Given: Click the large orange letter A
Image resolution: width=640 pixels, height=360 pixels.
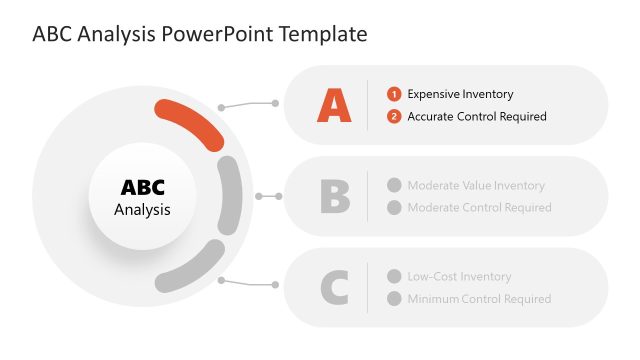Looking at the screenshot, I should point(334,105).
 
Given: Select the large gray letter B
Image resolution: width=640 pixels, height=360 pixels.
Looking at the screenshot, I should point(335,196).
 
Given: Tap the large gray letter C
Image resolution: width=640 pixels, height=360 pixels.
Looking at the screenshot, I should point(334,288).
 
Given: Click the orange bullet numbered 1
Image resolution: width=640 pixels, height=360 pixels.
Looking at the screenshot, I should point(394,94).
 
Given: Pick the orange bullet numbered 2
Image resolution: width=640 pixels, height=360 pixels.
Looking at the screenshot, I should point(394,117).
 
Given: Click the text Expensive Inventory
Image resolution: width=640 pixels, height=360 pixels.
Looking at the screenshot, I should point(460,94).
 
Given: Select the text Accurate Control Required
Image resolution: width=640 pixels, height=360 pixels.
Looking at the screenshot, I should point(477,117).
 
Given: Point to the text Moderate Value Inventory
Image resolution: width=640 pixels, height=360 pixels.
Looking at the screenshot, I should point(476,185).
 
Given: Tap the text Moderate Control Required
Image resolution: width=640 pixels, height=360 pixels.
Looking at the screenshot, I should point(479,208).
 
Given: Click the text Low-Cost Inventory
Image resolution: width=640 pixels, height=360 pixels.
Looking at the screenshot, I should point(459,277).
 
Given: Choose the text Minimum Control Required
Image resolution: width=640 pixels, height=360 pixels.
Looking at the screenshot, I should point(479,299).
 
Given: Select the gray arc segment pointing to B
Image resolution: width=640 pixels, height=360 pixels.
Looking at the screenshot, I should point(230,195).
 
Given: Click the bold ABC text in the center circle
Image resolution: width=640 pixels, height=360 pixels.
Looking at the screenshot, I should point(142,187).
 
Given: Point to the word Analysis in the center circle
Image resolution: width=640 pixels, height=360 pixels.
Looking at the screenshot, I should point(142,210).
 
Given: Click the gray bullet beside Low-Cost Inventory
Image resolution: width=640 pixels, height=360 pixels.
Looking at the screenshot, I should point(394,277).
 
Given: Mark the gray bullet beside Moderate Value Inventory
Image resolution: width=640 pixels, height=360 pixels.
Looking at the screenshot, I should point(394,185).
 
